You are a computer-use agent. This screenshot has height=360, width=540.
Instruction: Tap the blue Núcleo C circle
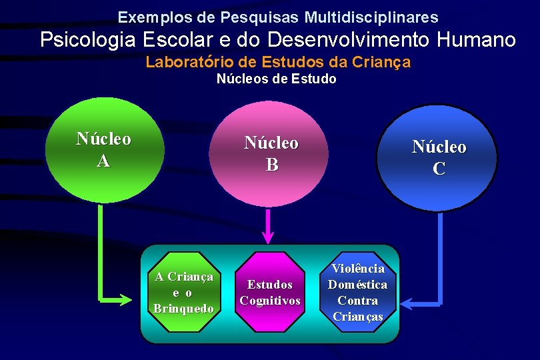coord(437,157)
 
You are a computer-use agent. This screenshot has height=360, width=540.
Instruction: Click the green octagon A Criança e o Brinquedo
coord(183,292)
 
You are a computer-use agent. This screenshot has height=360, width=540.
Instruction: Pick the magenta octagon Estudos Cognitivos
coord(269,292)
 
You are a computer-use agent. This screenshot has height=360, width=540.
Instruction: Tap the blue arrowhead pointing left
coord(407,304)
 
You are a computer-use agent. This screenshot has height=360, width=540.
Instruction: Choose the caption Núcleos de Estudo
coord(277,79)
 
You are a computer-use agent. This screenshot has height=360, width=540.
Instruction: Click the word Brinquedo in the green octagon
coord(183,308)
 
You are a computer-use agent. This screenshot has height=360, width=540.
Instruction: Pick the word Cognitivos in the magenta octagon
coord(270,301)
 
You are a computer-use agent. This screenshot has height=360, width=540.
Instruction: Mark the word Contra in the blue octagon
coord(357,300)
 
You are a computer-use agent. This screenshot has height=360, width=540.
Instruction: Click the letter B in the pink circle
coord(272,165)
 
